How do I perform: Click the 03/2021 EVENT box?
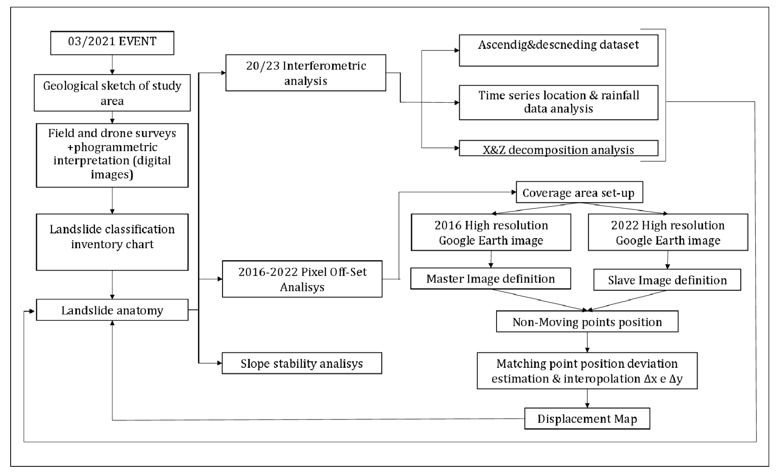pyautogui.click(x=112, y=43)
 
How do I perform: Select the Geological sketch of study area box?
pyautogui.click(x=112, y=93)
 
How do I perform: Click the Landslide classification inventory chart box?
pyautogui.click(x=112, y=242)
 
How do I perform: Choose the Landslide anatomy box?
pyautogui.click(x=112, y=310)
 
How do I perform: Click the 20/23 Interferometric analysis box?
pyautogui.click(x=306, y=73)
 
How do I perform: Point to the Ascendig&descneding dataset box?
pyautogui.click(x=558, y=50)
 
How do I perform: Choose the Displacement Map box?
pyautogui.click(x=587, y=419)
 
